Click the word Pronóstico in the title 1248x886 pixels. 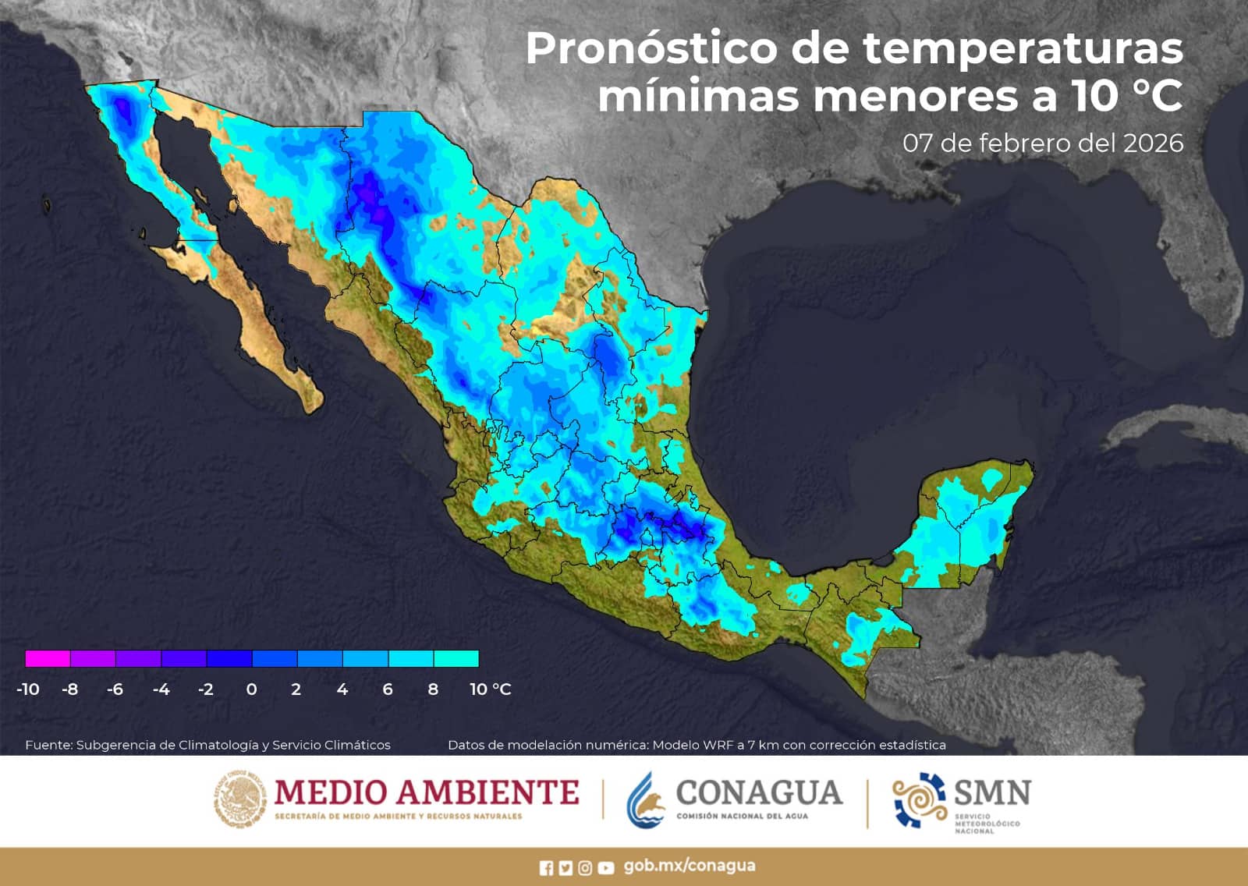pyautogui.click(x=651, y=49)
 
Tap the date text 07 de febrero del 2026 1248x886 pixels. pyautogui.click(x=1043, y=144)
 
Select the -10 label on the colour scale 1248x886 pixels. pyautogui.click(x=28, y=689)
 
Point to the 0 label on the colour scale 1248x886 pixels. pyautogui.click(x=251, y=689)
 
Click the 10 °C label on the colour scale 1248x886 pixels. pyautogui.click(x=490, y=689)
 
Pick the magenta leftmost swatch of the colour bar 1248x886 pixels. pyautogui.click(x=48, y=659)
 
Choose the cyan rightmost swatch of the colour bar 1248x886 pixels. pyautogui.click(x=456, y=659)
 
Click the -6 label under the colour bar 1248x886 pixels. pyautogui.click(x=115, y=689)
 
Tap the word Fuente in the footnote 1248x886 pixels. pyautogui.click(x=48, y=745)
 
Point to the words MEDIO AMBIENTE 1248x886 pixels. pyautogui.click(x=427, y=792)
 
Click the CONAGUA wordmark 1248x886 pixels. pyautogui.click(x=759, y=792)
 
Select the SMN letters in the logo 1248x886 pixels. pyautogui.click(x=992, y=792)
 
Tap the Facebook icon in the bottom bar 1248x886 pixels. pyautogui.click(x=546, y=868)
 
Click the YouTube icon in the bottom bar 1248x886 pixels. pyautogui.click(x=605, y=868)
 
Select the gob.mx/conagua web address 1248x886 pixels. pyautogui.click(x=689, y=867)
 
